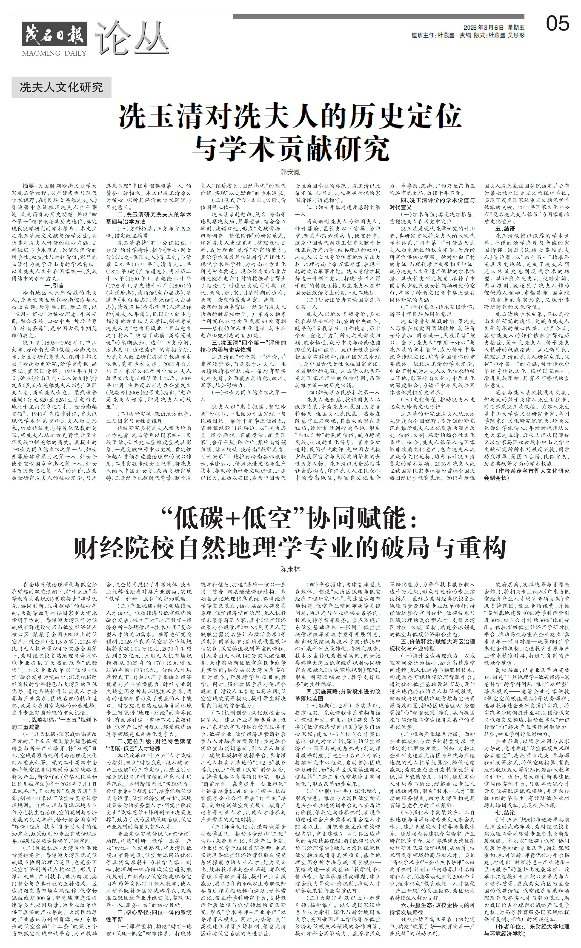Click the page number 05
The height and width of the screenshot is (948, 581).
point(558,24)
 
